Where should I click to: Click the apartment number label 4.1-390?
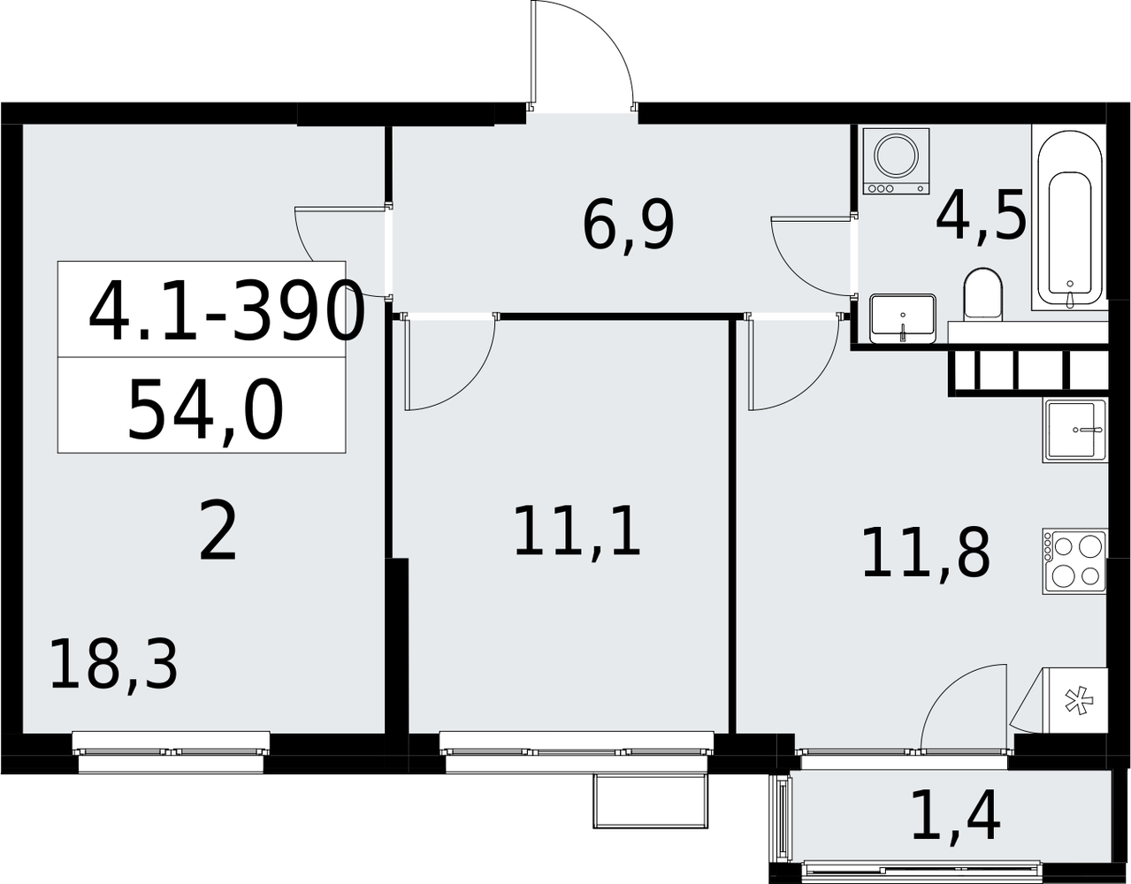[x=225, y=310]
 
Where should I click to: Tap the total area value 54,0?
[x=205, y=411]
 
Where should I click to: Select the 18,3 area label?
[x=113, y=666]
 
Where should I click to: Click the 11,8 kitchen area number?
[x=926, y=552]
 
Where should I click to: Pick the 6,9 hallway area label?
[x=628, y=225]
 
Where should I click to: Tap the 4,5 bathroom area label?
[x=981, y=214]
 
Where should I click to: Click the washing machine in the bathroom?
[x=896, y=161]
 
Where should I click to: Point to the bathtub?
[x=1070, y=219]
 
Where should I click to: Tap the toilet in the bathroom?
[x=982, y=294]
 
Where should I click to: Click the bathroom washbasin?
[x=903, y=318]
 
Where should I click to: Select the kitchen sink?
[x=1075, y=431]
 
